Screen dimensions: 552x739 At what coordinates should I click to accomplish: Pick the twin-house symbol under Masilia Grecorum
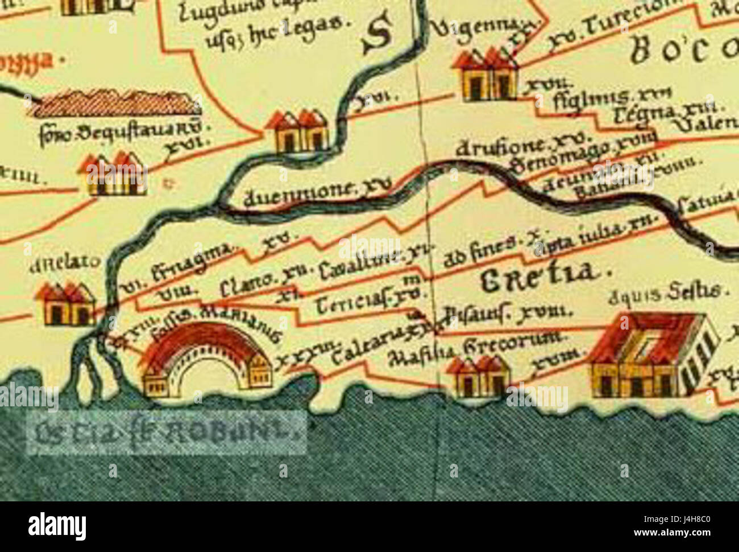478,376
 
